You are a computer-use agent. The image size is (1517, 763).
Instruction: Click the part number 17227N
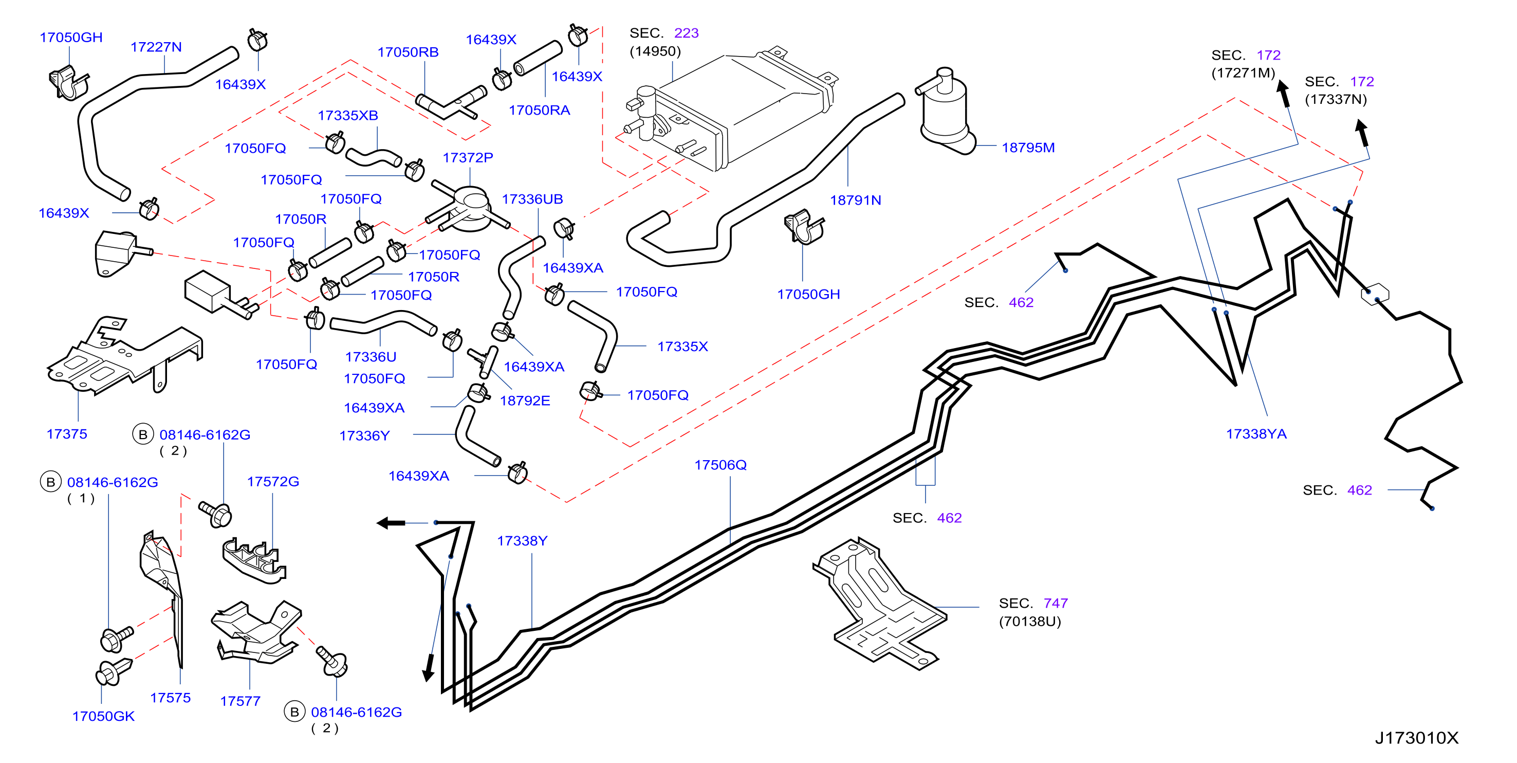(156, 47)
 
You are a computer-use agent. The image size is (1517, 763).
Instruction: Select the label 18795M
(1028, 148)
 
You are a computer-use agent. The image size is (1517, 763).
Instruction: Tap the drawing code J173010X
(1417, 738)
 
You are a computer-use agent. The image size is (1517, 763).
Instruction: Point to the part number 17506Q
(720, 465)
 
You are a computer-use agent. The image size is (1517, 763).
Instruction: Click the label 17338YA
(1256, 434)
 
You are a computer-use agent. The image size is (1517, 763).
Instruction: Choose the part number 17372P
(468, 158)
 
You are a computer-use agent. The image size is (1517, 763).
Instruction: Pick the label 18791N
(855, 201)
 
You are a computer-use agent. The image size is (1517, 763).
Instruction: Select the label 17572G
(273, 482)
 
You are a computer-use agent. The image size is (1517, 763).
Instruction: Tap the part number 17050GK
(103, 716)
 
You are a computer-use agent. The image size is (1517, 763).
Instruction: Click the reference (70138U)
(1029, 622)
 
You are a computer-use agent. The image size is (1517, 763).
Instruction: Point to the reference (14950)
(655, 51)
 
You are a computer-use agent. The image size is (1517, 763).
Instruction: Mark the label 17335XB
(347, 116)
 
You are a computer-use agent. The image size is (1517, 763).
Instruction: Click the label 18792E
(525, 401)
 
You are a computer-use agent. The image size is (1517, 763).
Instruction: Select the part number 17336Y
(364, 436)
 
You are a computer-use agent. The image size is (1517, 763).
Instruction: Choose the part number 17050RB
(408, 52)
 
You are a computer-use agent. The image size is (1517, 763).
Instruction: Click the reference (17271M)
(1243, 73)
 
